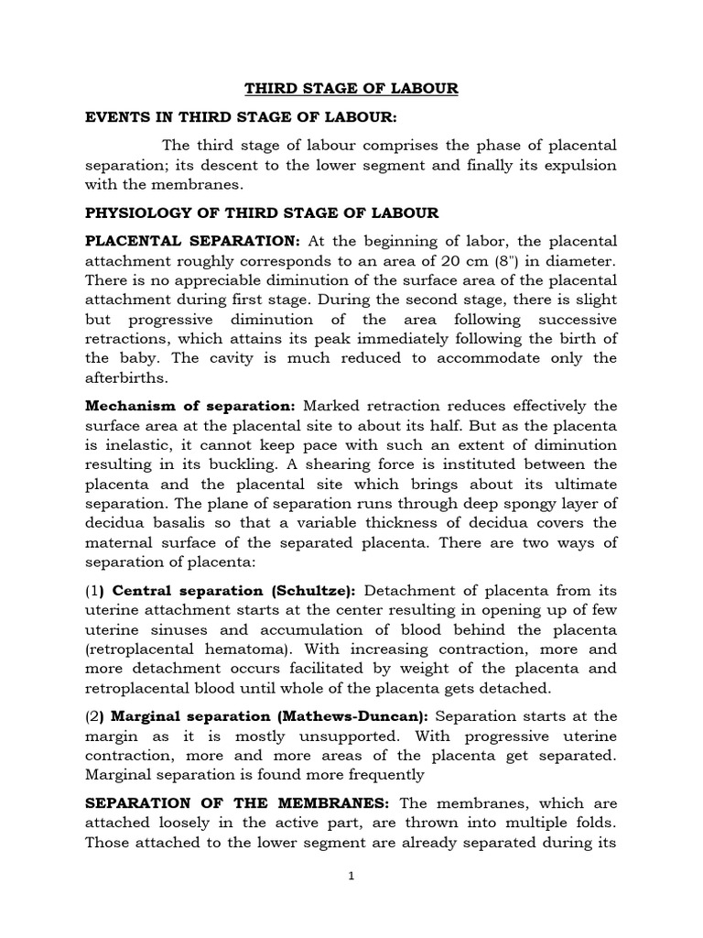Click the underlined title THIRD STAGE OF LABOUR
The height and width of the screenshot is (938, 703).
point(351,89)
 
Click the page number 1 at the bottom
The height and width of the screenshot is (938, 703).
point(351,876)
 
